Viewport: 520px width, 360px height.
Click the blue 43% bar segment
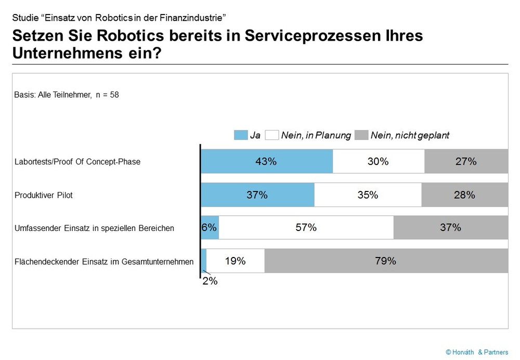tap(266, 161)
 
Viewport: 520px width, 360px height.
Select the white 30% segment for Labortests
tap(378, 161)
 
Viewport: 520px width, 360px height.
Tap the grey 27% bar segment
tap(466, 161)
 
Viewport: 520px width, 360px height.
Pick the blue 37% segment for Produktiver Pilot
tap(257, 195)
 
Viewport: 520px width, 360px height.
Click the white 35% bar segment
tap(368, 195)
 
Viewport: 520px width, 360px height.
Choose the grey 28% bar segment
tap(464, 195)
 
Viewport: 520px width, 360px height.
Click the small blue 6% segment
tap(210, 227)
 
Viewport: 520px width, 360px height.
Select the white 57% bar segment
tap(306, 227)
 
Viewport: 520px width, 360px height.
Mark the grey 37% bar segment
tap(450, 227)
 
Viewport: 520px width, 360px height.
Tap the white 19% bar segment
tap(235, 261)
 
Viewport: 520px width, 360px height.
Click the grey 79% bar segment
tap(386, 261)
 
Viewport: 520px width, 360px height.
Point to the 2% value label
tap(210, 281)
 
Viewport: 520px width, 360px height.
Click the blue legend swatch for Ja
tap(240, 135)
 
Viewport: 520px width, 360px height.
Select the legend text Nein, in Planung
tap(316, 135)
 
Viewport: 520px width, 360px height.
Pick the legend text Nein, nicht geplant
tap(410, 135)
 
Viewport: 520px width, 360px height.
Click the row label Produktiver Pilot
tap(44, 195)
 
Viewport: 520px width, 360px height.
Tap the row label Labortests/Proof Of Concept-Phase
tap(77, 162)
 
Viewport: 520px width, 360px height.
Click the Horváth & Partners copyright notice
tap(477, 352)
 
